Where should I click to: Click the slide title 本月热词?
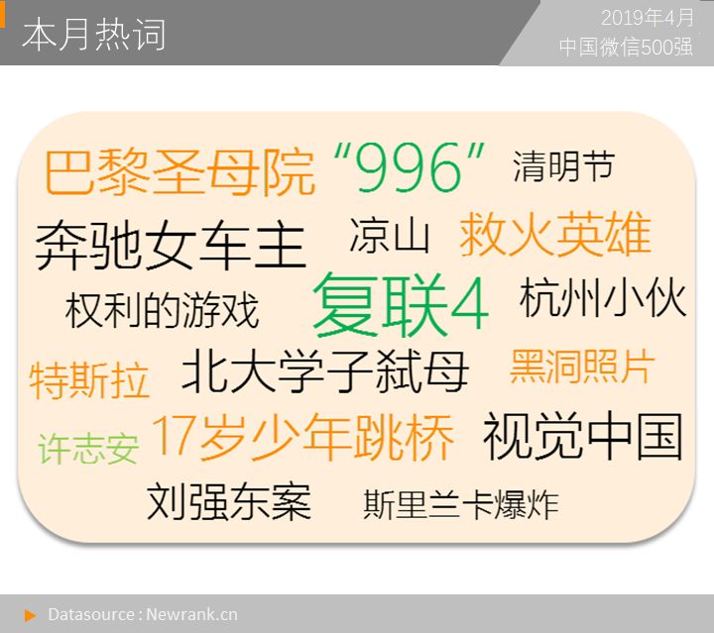94,35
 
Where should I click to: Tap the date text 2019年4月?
648,18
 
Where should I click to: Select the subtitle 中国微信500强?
626,48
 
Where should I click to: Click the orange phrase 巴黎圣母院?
179,172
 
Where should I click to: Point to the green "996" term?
409,166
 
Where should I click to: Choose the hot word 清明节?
564,166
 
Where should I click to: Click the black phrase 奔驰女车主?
171,245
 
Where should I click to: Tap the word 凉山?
390,235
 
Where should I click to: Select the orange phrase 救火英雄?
555,234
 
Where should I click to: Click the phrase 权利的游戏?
162,310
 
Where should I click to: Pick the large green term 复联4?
401,305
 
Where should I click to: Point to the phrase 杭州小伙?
603,298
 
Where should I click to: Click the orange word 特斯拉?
89,380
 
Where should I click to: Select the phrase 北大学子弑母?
325,371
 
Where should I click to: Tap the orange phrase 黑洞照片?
582,367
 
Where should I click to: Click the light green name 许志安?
88,449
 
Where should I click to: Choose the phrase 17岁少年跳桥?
302,437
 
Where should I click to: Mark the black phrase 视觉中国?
583,436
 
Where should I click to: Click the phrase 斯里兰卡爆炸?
461,504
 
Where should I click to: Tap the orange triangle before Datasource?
30,616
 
